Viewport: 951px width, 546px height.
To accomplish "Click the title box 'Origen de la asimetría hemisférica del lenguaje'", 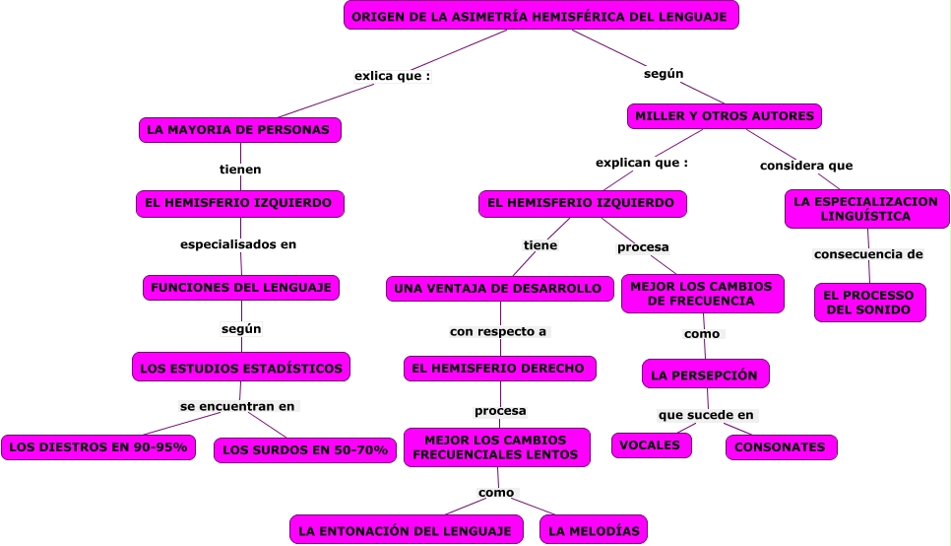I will [x=540, y=16].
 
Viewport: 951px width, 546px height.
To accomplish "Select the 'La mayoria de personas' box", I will [x=240, y=129].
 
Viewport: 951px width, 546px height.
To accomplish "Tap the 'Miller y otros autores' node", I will [x=724, y=116].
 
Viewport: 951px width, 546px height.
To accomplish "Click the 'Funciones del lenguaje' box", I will [x=241, y=288].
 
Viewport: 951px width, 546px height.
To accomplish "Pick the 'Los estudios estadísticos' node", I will [x=241, y=368].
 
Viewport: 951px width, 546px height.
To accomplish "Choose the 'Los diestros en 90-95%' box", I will [x=97, y=447].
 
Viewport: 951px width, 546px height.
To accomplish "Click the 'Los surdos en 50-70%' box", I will [x=305, y=450].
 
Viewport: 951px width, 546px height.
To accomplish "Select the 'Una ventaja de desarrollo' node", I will [x=499, y=289].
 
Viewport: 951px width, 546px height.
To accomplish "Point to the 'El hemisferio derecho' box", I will [x=499, y=369].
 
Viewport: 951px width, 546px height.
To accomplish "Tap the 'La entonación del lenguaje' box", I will [x=406, y=530].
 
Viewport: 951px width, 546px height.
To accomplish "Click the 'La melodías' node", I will [x=594, y=530].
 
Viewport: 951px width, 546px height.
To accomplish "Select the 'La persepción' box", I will [x=705, y=375].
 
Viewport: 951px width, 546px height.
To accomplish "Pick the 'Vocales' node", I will [x=651, y=445].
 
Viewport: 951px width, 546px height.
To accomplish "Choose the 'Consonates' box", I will [x=781, y=447].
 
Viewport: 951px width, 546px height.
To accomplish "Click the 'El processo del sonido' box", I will [x=869, y=303].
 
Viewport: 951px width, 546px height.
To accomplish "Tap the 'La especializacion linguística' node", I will [x=866, y=209].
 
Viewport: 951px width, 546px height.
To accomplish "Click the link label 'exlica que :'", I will [x=392, y=76].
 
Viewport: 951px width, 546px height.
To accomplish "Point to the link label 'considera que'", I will [x=806, y=166].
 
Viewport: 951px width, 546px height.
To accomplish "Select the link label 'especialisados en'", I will [x=238, y=244].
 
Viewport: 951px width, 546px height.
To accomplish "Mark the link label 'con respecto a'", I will [x=498, y=331].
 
